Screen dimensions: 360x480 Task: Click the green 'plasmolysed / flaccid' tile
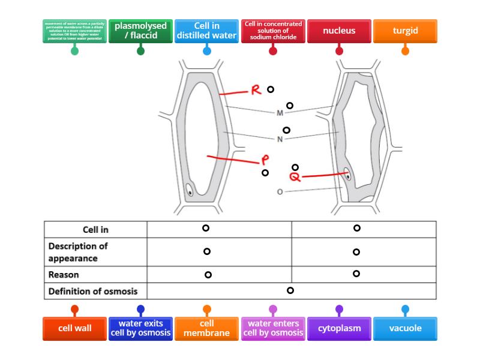click(140, 31)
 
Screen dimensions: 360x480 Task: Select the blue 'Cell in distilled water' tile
click(207, 31)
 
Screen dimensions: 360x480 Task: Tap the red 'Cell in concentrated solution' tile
click(273, 31)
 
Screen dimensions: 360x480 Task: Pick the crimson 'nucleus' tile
click(339, 31)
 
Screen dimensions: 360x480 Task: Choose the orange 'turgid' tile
click(405, 31)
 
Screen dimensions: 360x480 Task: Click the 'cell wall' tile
click(74, 328)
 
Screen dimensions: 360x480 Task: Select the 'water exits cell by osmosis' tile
click(141, 328)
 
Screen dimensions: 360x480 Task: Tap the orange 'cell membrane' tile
click(207, 328)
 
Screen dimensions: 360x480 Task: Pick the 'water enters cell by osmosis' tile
click(273, 328)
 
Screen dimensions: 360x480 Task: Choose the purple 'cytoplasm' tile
click(339, 328)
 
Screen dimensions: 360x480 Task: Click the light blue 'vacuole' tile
click(405, 328)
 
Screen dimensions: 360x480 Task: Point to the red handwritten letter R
click(256, 91)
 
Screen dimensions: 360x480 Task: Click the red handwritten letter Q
click(295, 177)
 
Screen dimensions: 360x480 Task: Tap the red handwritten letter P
click(265, 160)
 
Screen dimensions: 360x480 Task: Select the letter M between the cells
click(280, 113)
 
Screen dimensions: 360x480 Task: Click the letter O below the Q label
click(280, 192)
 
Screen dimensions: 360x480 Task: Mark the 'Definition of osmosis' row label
click(93, 292)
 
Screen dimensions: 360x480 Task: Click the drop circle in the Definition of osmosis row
click(290, 290)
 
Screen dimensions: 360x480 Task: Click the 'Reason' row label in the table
click(64, 275)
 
